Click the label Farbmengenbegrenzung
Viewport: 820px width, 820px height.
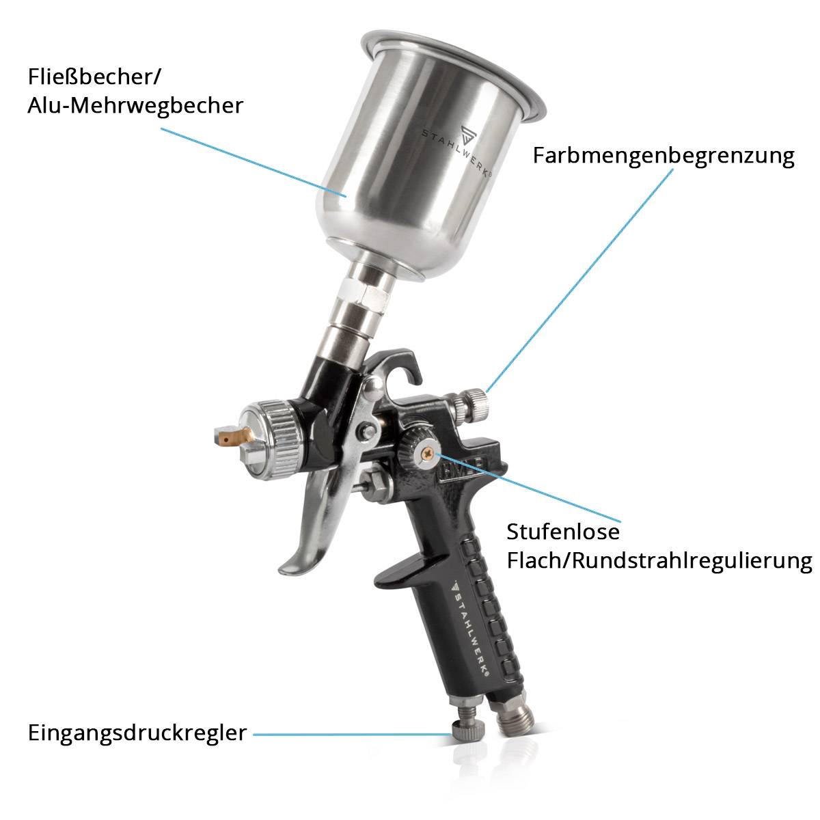point(664,156)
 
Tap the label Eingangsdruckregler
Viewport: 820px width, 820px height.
point(137,733)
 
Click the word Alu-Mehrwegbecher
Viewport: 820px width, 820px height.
point(135,106)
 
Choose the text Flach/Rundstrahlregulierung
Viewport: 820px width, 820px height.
point(659,561)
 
